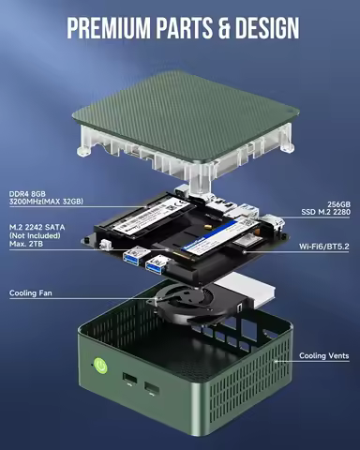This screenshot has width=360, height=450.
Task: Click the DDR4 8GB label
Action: [x=29, y=194]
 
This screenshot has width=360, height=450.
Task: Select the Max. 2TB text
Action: [x=28, y=245]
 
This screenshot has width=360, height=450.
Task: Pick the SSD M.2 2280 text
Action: [x=324, y=211]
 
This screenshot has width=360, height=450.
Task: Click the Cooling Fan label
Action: [x=30, y=293]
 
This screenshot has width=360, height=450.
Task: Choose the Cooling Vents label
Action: [x=325, y=356]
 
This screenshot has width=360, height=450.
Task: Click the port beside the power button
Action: [x=128, y=379]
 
